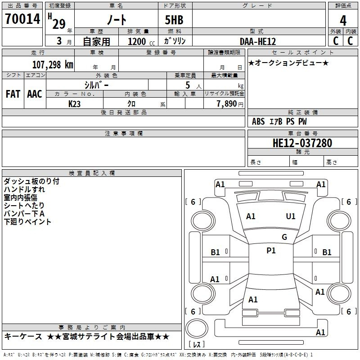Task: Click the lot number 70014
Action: click(22, 19)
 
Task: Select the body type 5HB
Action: click(174, 20)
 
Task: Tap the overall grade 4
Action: click(343, 20)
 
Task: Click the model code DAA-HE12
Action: click(257, 41)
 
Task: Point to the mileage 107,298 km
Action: click(53, 64)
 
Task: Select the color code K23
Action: click(74, 104)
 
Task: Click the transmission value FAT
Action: click(13, 94)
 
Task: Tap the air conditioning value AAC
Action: click(35, 94)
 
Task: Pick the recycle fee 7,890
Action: click(227, 103)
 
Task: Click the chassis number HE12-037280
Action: click(302, 143)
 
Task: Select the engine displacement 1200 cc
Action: click(141, 41)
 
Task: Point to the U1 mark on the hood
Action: click(291, 216)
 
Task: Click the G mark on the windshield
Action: click(284, 237)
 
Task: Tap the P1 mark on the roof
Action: click(271, 251)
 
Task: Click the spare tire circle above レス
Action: click(197, 328)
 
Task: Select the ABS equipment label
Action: click(258, 121)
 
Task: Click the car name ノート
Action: click(117, 19)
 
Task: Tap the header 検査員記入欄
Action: click(92, 173)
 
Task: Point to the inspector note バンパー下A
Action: click(24, 213)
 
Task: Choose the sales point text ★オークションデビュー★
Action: click(288, 63)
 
